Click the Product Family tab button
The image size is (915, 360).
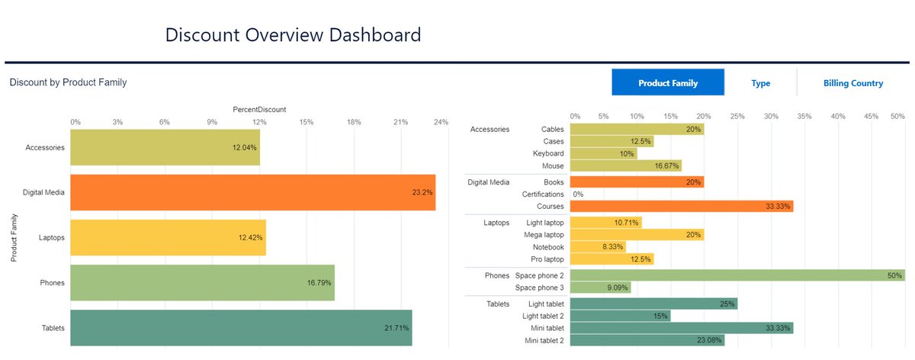click(668, 83)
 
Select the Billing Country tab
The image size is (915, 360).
click(852, 83)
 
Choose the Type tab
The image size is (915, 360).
click(760, 83)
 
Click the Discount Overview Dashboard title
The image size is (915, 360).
click(293, 35)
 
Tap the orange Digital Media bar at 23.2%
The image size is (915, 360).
click(252, 193)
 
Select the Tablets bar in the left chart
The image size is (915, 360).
click(241, 328)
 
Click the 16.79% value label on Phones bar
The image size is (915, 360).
click(319, 283)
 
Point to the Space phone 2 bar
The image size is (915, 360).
click(737, 275)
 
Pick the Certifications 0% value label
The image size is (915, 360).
click(578, 194)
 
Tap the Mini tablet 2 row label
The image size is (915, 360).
click(544, 340)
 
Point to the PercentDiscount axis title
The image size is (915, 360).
click(258, 110)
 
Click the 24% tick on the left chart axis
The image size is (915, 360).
click(440, 122)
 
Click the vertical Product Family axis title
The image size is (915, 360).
click(14, 238)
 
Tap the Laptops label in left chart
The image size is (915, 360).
click(50, 238)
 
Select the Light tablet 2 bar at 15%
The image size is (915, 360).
click(620, 316)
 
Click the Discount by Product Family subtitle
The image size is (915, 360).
click(68, 82)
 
